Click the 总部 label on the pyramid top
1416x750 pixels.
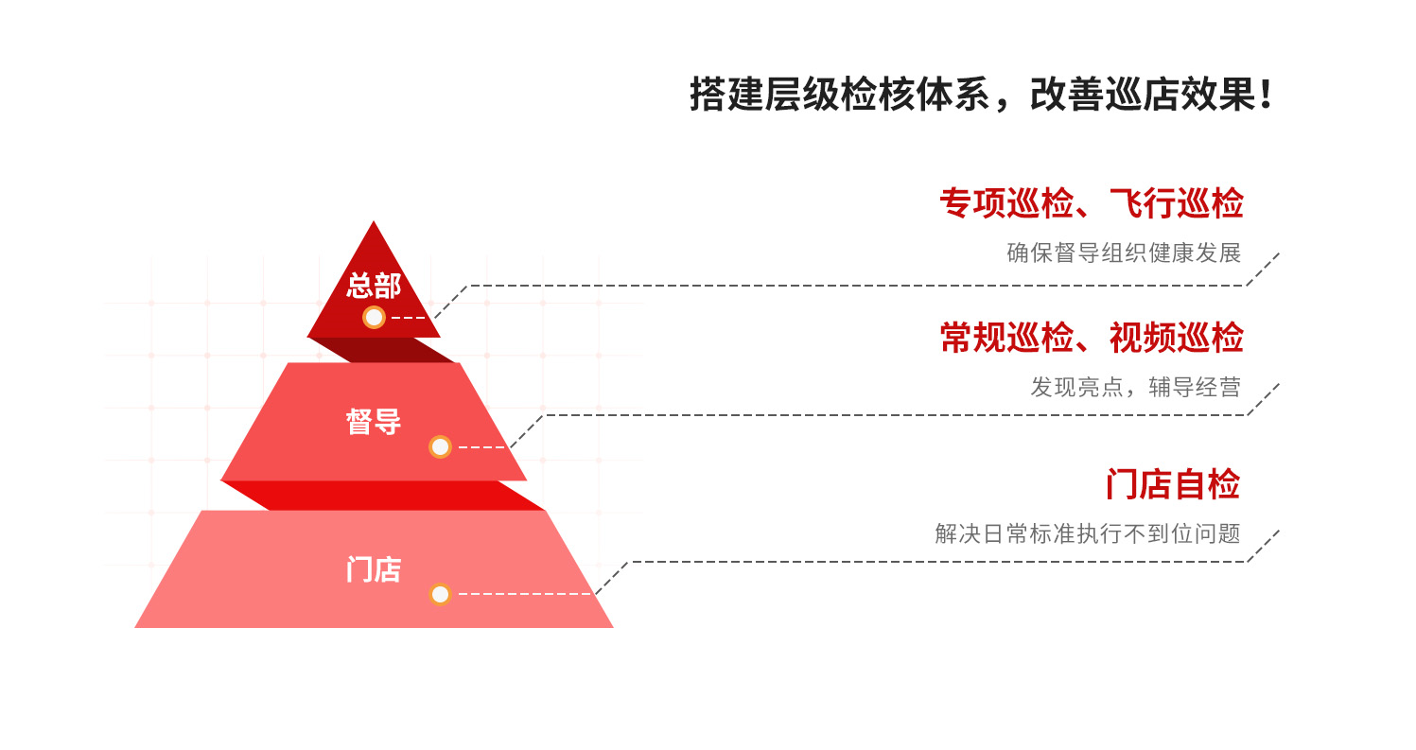(374, 285)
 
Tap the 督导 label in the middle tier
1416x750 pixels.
(374, 422)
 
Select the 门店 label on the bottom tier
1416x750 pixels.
(374, 570)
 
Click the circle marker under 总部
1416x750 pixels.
(375, 318)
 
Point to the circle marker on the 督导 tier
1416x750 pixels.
(440, 446)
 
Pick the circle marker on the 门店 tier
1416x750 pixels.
(440, 594)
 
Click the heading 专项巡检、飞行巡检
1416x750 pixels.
(1091, 203)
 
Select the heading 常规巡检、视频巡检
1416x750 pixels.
(1091, 338)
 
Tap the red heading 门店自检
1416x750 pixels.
(1172, 484)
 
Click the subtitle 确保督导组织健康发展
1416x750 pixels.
(1123, 253)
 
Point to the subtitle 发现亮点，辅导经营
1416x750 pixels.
(1135, 387)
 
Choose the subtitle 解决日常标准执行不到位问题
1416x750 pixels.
(1087, 533)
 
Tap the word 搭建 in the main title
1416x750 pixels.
(724, 96)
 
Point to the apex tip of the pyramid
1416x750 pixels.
(374, 225)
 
